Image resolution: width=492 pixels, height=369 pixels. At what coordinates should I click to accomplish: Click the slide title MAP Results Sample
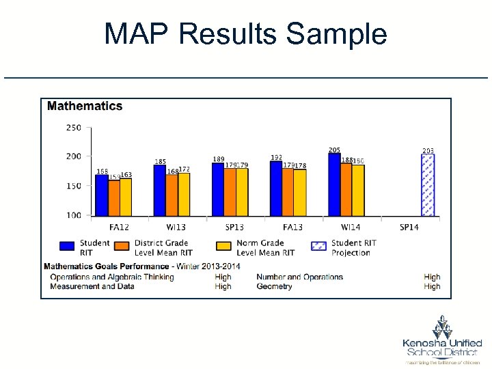tap(245, 33)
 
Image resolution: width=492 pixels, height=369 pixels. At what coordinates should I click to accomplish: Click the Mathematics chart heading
tap(85, 106)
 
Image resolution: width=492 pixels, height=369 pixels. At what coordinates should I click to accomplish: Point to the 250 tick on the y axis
tap(73, 127)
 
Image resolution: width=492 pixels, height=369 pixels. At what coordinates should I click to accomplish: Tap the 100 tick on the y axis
tap(73, 215)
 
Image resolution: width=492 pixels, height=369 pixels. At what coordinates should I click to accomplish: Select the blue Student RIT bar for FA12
tap(101, 195)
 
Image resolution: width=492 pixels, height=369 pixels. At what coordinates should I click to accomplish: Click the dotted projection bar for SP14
tap(428, 185)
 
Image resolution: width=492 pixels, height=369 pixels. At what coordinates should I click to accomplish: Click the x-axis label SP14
tap(409, 227)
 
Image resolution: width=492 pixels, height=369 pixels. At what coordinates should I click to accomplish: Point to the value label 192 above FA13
tap(276, 157)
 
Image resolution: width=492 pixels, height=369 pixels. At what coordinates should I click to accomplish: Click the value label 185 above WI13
tap(160, 162)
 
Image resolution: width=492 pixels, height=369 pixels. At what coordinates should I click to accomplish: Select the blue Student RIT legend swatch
tap(67, 247)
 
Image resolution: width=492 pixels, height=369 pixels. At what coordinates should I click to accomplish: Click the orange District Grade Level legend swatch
tap(122, 247)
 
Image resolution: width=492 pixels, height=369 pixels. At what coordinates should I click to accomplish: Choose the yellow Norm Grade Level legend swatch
tap(223, 247)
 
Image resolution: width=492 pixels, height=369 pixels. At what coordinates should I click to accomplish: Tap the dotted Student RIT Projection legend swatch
tap(319, 247)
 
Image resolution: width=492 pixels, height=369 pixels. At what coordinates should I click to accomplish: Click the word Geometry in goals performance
tap(274, 287)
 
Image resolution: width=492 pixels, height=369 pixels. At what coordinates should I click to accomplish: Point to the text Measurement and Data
tap(92, 287)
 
